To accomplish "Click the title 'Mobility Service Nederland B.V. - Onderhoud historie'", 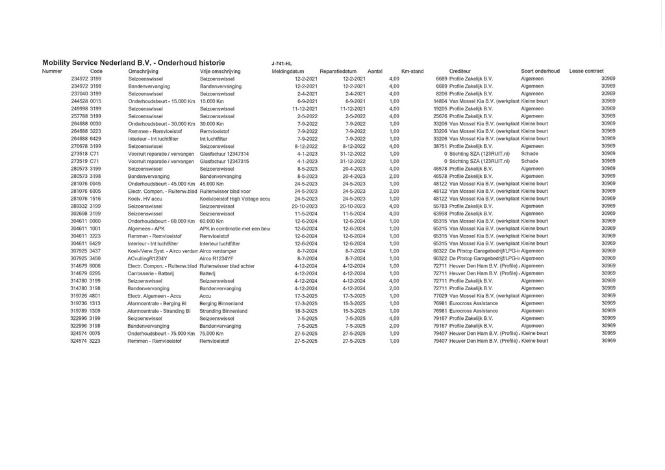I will click(134, 62).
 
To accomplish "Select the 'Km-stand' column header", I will click(412, 71).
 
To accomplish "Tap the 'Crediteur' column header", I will click(460, 71).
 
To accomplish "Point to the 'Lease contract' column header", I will click(586, 71).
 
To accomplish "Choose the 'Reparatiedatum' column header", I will click(338, 71).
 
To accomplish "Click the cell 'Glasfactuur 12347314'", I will click(225, 153).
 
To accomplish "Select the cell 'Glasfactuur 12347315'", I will click(225, 161).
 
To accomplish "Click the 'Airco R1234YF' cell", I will click(217, 258).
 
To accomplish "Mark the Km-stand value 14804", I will click(440, 101).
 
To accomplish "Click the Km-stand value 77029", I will click(440, 296).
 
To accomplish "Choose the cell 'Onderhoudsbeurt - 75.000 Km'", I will click(162, 333).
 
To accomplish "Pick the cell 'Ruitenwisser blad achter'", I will click(227, 266).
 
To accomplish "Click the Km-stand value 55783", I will click(440, 206).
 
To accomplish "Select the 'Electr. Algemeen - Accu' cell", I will click(155, 296).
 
